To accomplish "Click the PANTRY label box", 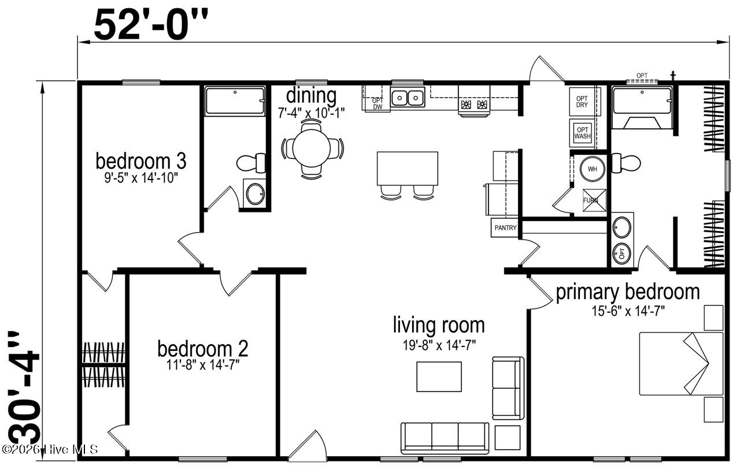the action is tap(505, 227).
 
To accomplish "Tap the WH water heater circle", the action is tap(593, 169).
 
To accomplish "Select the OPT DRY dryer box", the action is tap(582, 102).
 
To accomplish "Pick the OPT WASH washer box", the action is tap(582, 133).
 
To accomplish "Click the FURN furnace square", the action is tap(594, 200).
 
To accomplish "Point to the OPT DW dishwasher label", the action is tap(378, 103).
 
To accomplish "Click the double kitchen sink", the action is tap(408, 97).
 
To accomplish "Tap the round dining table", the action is tap(311, 148).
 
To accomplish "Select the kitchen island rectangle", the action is tap(408, 169).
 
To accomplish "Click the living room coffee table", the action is tap(439, 376).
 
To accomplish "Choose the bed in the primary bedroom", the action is tap(681, 363).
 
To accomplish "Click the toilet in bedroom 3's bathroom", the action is tap(251, 163).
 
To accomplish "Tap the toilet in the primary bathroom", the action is tap(626, 163).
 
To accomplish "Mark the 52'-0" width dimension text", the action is tap(151, 25).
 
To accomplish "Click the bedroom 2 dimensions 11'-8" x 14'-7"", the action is tap(203, 365).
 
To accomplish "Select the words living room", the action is tap(439, 326).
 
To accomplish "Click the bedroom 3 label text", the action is tap(140, 161).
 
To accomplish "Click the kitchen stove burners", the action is tap(473, 105).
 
